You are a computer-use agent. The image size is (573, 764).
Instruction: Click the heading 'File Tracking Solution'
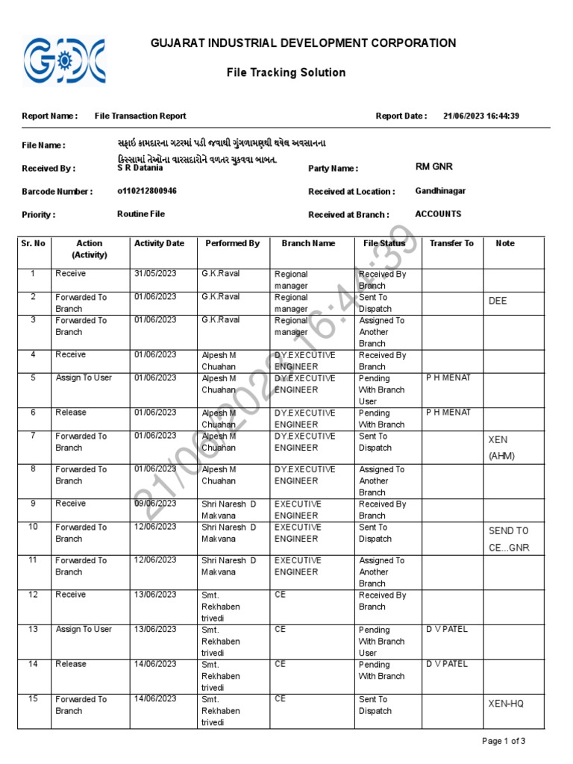pyautogui.click(x=286, y=72)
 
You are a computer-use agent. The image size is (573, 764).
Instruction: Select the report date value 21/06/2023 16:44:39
pyautogui.click(x=480, y=116)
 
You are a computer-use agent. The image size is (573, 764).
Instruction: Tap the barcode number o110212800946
pyautogui.click(x=147, y=191)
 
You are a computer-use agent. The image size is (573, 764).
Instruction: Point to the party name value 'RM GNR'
pyautogui.click(x=433, y=167)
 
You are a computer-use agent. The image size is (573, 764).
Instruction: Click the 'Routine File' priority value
pyautogui.click(x=141, y=214)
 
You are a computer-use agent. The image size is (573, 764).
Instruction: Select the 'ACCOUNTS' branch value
pyautogui.click(x=438, y=214)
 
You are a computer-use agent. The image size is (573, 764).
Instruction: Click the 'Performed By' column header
pyautogui.click(x=232, y=243)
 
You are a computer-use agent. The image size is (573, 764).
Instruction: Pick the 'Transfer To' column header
pyautogui.click(x=451, y=243)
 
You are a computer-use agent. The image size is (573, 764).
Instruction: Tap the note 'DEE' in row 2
pyautogui.click(x=498, y=301)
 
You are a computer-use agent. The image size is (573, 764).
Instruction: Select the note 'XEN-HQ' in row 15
pyautogui.click(x=506, y=704)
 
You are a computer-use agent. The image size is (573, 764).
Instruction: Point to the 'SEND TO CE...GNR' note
pyautogui.click(x=508, y=539)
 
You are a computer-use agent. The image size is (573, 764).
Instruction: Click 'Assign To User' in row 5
pyautogui.click(x=84, y=378)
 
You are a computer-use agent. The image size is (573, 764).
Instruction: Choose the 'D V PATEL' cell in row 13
pyautogui.click(x=447, y=629)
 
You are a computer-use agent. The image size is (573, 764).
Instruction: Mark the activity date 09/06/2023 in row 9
pyautogui.click(x=155, y=504)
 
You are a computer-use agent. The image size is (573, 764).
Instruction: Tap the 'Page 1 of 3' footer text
pyautogui.click(x=504, y=741)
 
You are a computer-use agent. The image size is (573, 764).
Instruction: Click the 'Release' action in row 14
pyautogui.click(x=71, y=663)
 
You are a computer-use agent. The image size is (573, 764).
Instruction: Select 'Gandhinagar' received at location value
pyautogui.click(x=440, y=191)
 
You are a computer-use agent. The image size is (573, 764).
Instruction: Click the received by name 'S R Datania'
pyautogui.click(x=140, y=168)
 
